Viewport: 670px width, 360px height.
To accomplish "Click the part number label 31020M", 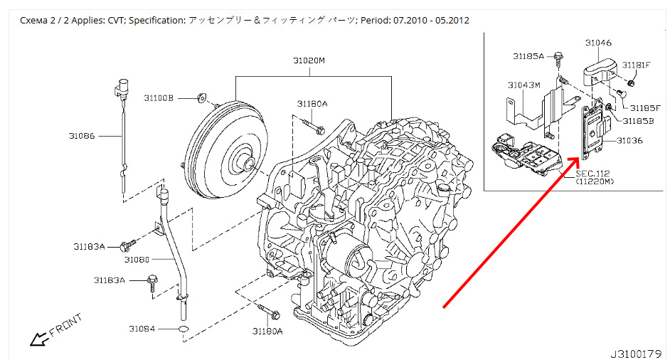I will pos(309,61).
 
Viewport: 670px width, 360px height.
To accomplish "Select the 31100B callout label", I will pos(158,97).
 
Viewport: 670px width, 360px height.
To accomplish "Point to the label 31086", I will pos(83,134).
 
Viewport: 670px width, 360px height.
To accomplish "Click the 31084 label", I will pos(142,329).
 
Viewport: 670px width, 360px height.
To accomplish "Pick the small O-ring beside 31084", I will pos(183,329).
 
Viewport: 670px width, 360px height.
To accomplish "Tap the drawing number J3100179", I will pos(635,352).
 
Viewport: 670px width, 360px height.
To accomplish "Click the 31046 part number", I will pos(598,43).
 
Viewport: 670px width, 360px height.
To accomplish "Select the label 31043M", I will pos(523,85).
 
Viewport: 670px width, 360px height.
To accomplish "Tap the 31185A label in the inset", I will pos(527,55).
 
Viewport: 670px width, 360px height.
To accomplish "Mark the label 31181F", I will pos(636,65).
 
